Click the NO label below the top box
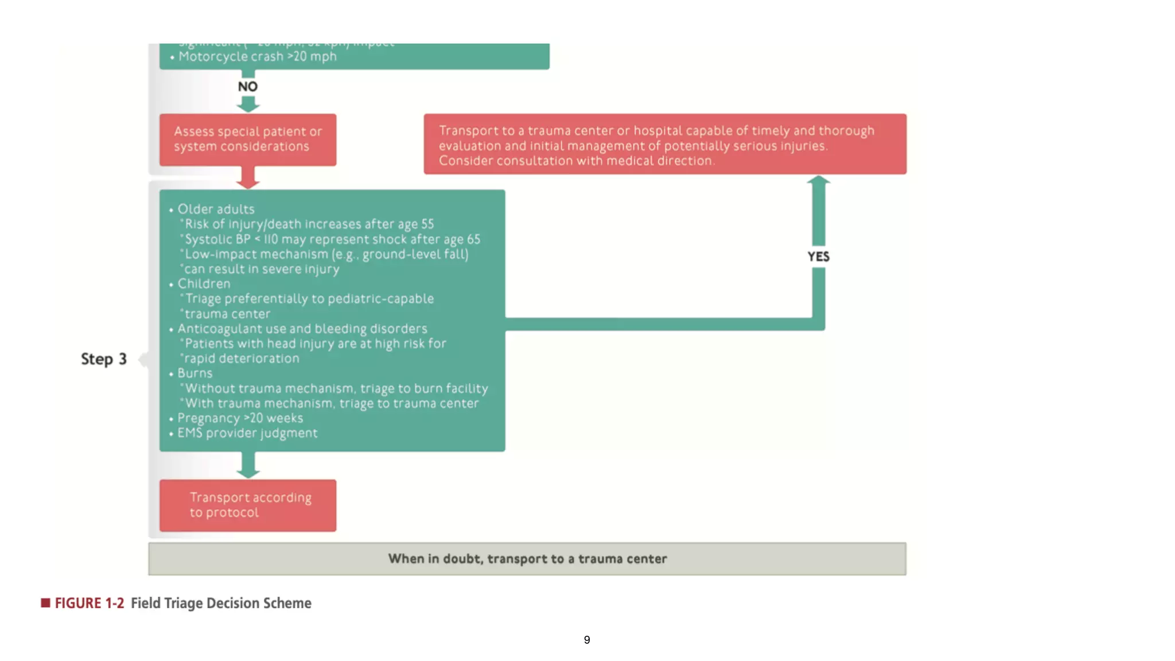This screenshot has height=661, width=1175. point(248,87)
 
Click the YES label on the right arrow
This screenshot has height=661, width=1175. point(818,256)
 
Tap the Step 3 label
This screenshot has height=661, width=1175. point(104,359)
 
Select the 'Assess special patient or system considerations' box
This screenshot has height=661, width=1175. point(248,139)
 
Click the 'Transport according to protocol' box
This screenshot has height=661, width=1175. point(248,505)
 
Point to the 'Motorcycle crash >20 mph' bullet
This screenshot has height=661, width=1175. point(257,57)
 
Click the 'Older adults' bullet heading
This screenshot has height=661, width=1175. point(216,209)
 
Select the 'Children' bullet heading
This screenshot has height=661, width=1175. point(204,284)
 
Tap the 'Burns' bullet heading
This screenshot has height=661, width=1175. point(194,374)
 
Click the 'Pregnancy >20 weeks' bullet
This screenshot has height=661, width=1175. point(240,418)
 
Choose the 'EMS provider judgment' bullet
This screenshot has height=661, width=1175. point(247,433)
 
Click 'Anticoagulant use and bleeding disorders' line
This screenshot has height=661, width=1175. point(302,329)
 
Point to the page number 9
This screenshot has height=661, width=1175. point(587,640)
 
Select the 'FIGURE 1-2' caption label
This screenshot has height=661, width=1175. point(90,603)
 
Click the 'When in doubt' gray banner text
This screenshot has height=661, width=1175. point(527,559)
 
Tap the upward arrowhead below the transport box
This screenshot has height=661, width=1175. point(819,181)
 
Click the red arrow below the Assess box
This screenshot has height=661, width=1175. point(248,178)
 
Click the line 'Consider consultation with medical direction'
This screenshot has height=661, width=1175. point(577,161)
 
